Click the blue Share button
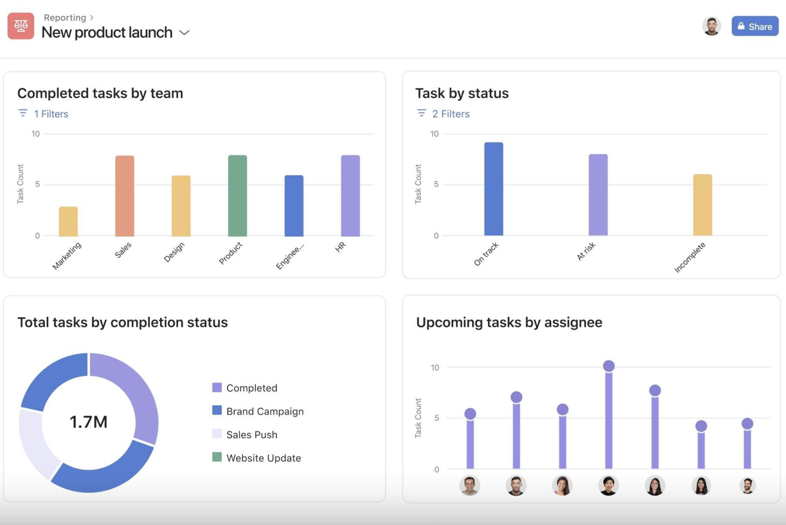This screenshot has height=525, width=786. [755, 27]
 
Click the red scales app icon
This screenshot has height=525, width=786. [20, 26]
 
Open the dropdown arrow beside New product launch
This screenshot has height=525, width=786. [185, 33]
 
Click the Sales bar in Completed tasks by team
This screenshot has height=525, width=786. [124, 196]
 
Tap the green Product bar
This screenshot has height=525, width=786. [237, 196]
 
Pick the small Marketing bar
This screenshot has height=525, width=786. [68, 222]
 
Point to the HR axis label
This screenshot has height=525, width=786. [340, 246]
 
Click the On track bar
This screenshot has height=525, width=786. [494, 189]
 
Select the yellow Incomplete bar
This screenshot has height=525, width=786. [702, 205]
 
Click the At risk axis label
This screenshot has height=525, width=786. [586, 252]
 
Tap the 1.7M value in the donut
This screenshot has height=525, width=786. [88, 422]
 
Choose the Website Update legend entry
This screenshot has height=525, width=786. [263, 458]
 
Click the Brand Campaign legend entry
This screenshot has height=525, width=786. [265, 411]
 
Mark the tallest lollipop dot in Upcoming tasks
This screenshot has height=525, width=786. [609, 366]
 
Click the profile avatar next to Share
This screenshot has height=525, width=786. [712, 27]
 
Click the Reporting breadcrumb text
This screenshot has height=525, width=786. [65, 17]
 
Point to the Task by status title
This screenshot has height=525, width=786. [462, 93]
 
